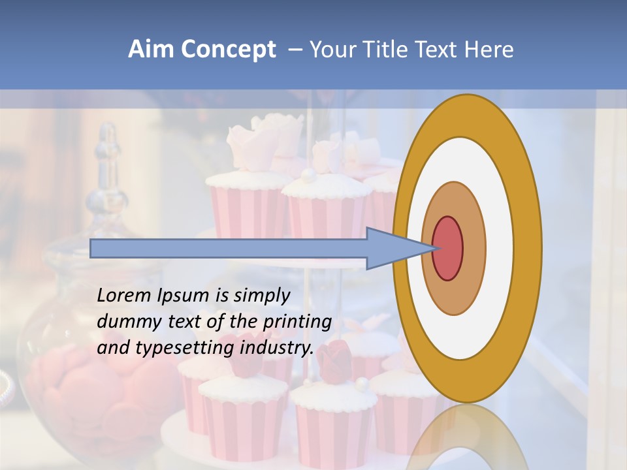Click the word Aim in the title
coord(150,50)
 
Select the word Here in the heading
coord(491,50)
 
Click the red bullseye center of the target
coord(447,248)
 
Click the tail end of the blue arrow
coord(92,248)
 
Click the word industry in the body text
coord(276,348)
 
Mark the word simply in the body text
coord(262,296)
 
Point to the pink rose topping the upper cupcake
coord(261,137)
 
